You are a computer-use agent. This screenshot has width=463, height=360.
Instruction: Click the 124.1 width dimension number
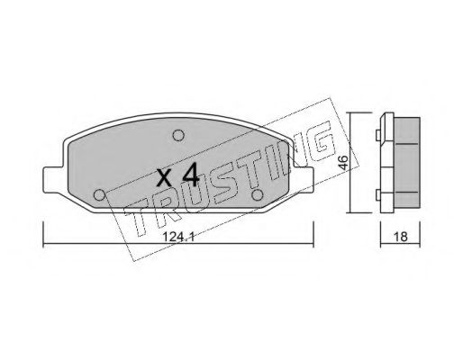(x=178, y=237)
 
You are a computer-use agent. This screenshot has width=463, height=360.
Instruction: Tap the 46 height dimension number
(x=344, y=163)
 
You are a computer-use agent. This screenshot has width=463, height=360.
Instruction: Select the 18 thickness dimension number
(x=400, y=237)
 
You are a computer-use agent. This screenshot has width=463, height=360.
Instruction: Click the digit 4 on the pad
(x=191, y=175)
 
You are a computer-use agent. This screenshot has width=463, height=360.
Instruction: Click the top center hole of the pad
(x=178, y=136)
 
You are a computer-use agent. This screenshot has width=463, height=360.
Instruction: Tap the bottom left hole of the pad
(x=99, y=195)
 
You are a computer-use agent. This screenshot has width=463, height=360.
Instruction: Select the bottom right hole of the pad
(x=258, y=195)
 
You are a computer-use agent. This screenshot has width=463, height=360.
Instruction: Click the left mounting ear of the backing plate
(x=53, y=179)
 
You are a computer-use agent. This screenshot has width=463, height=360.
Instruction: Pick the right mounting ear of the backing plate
(x=304, y=179)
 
